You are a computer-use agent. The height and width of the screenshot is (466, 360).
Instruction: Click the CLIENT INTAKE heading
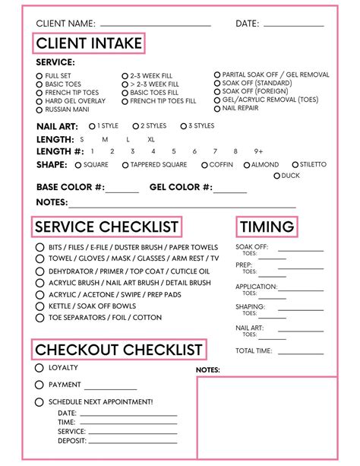point(89,43)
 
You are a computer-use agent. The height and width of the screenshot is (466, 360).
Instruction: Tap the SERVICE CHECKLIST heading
point(106,227)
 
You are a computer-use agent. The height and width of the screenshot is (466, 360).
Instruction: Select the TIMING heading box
point(267,227)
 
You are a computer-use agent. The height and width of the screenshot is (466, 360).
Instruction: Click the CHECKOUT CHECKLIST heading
point(119,350)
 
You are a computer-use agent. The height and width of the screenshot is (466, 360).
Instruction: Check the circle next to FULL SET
point(39,76)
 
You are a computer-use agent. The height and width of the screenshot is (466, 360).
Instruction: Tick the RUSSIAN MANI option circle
point(39,109)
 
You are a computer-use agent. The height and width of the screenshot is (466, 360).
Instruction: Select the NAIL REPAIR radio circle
point(217,109)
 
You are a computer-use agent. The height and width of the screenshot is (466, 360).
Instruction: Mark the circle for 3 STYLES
point(183,126)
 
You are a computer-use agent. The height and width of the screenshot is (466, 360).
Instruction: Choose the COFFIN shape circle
point(204,165)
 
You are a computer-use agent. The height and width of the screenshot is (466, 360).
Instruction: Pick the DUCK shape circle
point(276,176)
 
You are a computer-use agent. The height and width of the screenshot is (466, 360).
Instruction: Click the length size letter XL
point(150,140)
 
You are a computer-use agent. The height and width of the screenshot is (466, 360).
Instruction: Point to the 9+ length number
point(258,151)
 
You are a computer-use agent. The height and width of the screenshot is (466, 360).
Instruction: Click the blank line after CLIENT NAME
point(155,25)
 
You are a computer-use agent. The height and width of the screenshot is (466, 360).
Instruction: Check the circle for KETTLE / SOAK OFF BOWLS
point(39,306)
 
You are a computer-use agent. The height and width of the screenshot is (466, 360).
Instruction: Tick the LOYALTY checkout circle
point(39,368)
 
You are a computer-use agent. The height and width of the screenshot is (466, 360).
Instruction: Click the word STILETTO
point(313,165)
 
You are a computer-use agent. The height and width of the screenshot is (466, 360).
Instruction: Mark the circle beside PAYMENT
point(39,385)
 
